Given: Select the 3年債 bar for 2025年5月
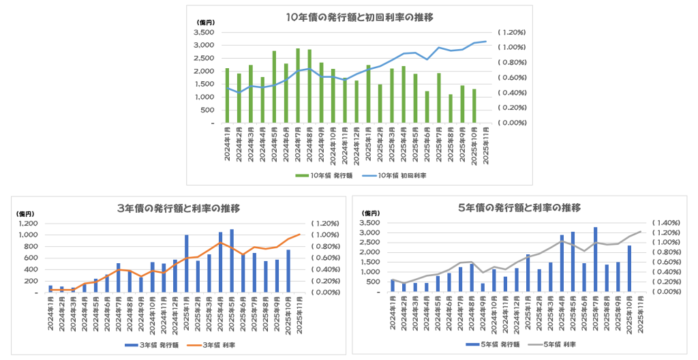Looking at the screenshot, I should tap(232, 260).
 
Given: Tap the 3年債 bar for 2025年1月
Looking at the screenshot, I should tap(186, 264).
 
